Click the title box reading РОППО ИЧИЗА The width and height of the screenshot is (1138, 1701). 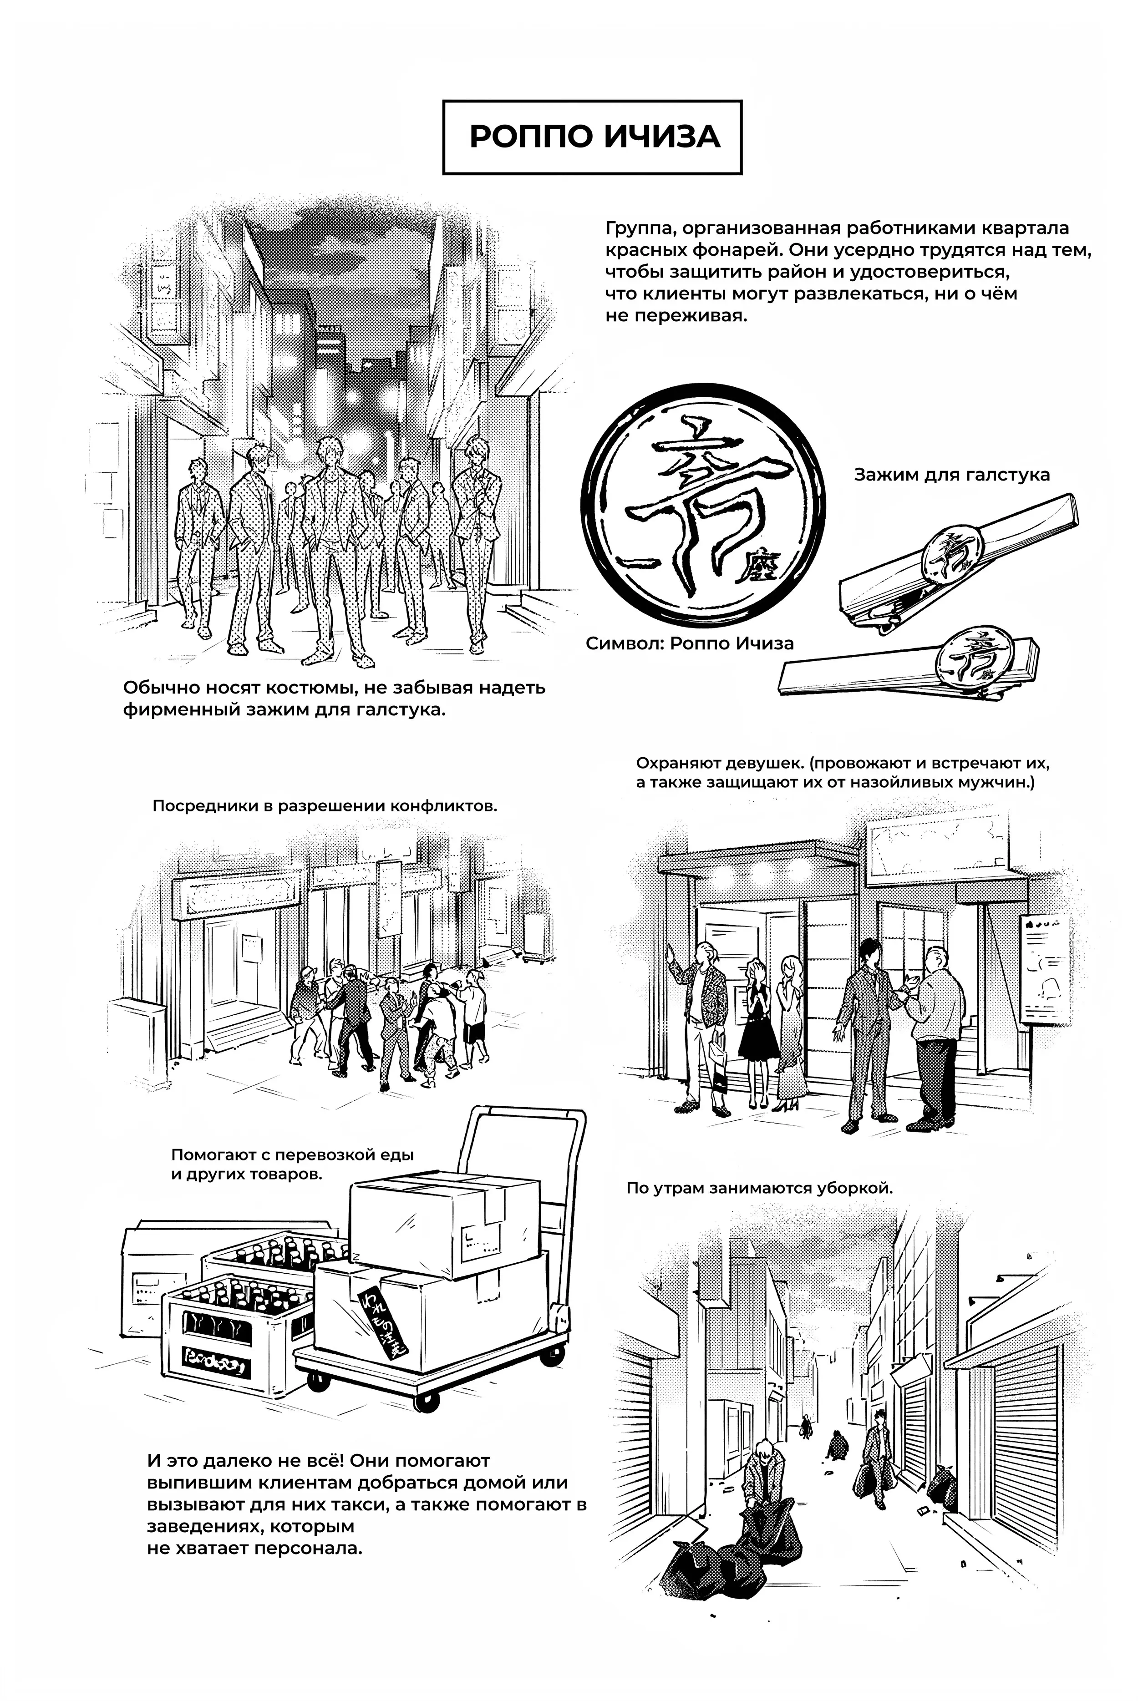click(592, 137)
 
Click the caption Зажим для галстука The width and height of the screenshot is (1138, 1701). click(951, 475)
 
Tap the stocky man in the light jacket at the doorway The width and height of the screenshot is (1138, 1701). click(936, 1037)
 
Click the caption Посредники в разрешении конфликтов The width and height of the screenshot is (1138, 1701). click(325, 807)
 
